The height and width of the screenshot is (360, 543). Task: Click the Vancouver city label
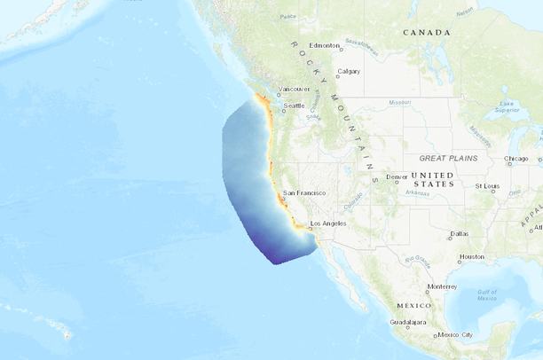(295, 89)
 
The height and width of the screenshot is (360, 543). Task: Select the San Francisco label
(304, 192)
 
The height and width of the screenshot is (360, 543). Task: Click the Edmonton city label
(325, 45)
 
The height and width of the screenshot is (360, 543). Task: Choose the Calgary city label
(349, 72)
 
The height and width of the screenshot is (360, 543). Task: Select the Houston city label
(471, 257)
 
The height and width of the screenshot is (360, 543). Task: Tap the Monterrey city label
(441, 286)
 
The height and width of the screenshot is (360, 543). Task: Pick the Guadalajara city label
(407, 323)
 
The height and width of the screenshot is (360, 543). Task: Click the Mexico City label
(460, 334)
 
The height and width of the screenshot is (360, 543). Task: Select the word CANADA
(426, 32)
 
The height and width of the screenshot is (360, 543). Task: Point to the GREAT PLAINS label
(448, 158)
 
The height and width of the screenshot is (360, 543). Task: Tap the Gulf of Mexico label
(487, 294)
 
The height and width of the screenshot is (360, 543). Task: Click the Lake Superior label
(507, 107)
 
